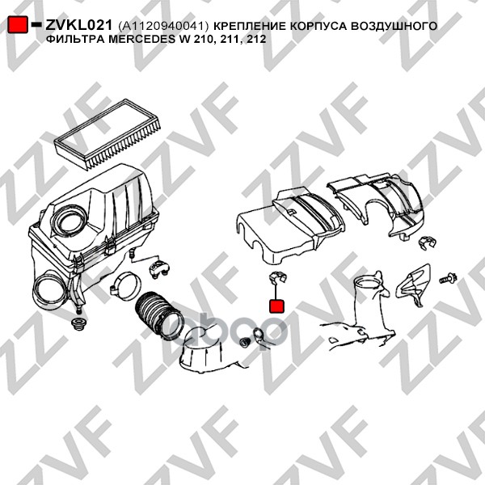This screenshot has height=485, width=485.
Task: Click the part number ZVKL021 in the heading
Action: pos(78,25)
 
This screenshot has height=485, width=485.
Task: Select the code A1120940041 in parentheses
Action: pos(163,26)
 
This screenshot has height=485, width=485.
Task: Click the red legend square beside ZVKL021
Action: pos(18,25)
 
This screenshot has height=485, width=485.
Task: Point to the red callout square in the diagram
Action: pos(276,306)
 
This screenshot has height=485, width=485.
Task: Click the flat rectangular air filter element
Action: pos(108,134)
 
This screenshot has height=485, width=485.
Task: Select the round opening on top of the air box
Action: pos(70,221)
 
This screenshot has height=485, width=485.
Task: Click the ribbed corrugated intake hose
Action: pos(158,315)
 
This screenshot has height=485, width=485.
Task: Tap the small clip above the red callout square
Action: pos(276,277)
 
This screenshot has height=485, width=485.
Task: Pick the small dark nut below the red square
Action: pos(245,341)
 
